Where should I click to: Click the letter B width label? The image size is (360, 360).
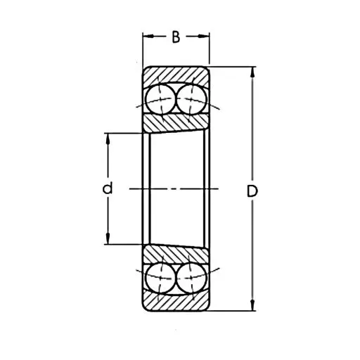176,37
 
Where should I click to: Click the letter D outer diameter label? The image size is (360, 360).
252,191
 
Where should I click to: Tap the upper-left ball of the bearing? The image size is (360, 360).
161,99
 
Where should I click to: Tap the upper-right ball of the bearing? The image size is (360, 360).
191,99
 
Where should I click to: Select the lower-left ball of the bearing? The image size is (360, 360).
161,278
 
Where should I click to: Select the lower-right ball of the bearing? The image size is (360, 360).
191,278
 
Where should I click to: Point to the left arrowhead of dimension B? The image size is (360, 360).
148,36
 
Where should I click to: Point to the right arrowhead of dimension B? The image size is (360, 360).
204,36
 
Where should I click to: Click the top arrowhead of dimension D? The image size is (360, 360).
252,72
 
